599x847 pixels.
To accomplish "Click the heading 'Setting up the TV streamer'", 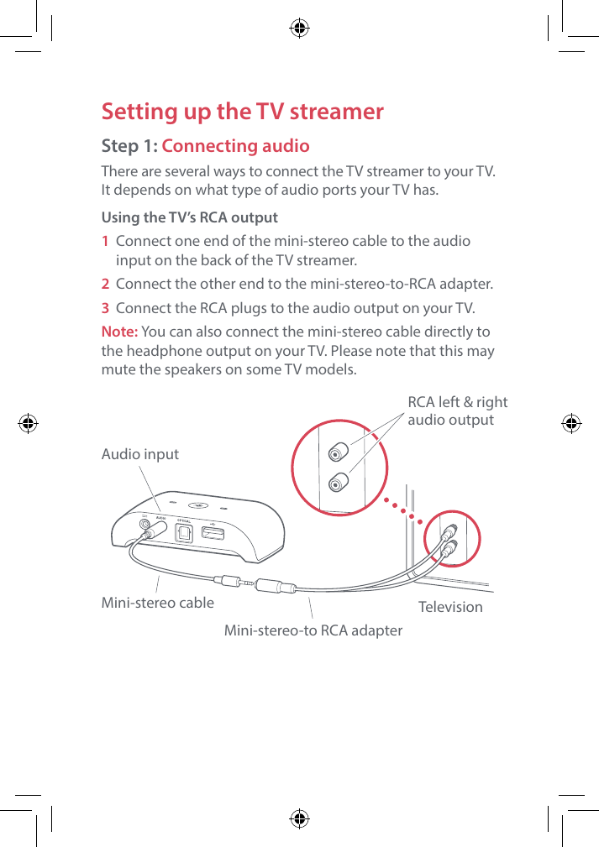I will pos(242,112).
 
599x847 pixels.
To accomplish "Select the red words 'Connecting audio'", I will pos(235,146).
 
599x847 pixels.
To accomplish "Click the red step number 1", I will pos(105,241).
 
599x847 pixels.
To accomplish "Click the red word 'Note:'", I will pos(119,332).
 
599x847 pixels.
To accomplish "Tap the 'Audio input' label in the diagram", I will pos(139,454).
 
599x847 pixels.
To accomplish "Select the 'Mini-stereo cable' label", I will pos(157,602).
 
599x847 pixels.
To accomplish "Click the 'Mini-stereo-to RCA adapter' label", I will pos(313,630).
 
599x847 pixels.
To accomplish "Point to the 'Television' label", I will pos(450,606).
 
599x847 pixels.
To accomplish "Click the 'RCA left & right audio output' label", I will pos(457,411).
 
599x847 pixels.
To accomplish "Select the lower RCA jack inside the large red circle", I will pos(337,483).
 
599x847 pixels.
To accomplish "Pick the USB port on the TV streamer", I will pos(212,532).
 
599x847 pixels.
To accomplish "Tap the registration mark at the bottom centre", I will pos(299,818).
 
